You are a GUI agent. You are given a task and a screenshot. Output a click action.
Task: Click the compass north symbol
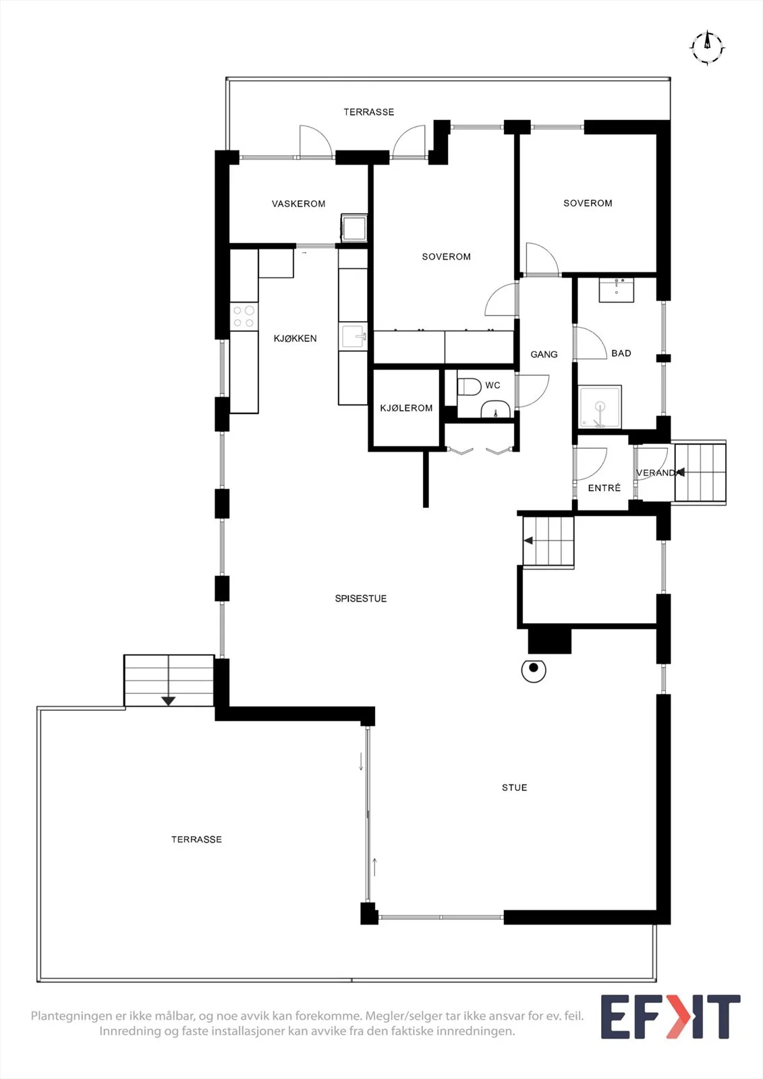point(707,48)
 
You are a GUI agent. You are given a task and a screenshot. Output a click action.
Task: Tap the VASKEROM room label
point(298,204)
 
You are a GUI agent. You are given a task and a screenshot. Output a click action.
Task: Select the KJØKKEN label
point(295,339)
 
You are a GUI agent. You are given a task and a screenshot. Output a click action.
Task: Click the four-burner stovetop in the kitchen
point(244,316)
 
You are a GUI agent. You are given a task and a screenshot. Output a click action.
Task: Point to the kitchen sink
point(354,337)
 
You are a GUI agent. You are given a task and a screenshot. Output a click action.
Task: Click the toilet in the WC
point(468,386)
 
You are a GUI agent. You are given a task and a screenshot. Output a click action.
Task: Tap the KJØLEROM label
point(406,408)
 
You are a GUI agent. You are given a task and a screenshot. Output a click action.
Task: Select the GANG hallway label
point(544,355)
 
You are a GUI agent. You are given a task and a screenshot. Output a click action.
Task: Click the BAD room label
point(621,353)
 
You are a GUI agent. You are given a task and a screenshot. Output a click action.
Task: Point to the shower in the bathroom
point(600,407)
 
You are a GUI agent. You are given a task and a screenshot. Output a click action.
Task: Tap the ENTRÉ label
point(604,488)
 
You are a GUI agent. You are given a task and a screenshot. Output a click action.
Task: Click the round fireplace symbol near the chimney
point(534,670)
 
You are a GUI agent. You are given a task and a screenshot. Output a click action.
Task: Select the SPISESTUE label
point(360,599)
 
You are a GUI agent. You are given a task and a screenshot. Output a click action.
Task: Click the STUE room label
point(514,788)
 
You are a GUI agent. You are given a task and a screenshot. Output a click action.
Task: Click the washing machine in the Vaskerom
point(354,228)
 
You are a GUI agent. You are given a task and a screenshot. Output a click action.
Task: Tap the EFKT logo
point(670,1017)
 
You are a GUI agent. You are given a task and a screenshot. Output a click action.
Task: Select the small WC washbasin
point(495,409)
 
